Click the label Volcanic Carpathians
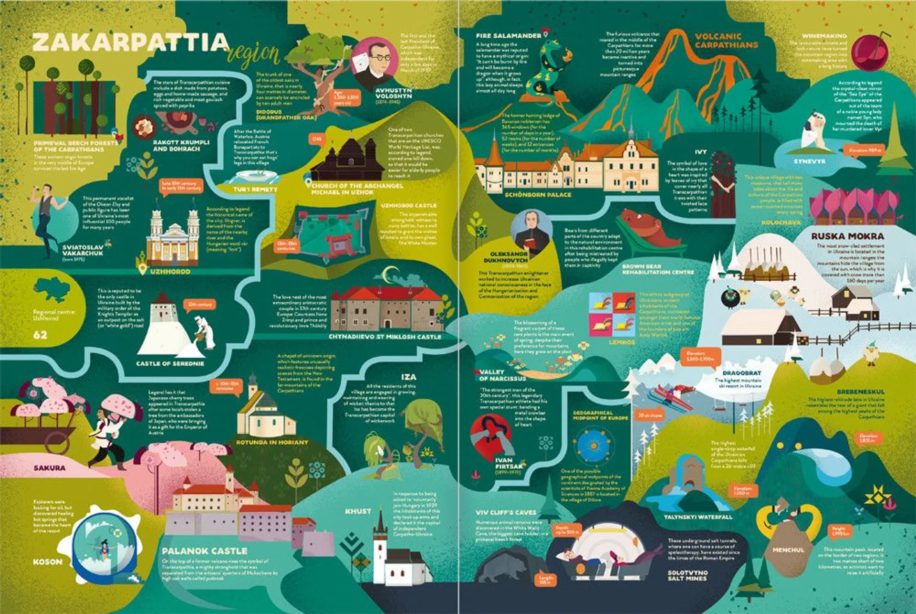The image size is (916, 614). [x=726, y=41]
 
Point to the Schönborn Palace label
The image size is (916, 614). [x=538, y=195]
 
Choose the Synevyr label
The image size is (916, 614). [x=809, y=161]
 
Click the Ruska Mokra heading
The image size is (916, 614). [x=847, y=236]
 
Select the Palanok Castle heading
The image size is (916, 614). [x=204, y=551]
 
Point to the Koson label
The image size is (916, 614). [x=47, y=562]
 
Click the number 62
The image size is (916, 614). [x=40, y=335]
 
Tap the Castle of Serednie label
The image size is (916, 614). [x=170, y=364]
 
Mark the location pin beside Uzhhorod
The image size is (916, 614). [x=142, y=270]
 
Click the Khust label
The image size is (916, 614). [x=358, y=511]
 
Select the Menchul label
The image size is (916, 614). [x=788, y=550]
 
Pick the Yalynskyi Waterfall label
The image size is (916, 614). [x=697, y=517]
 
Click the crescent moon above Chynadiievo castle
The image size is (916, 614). [x=392, y=274]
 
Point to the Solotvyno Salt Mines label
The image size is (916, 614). [x=687, y=575]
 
